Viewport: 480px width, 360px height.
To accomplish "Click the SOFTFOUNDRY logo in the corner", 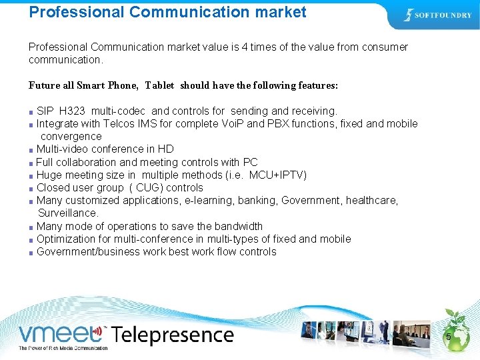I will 437,15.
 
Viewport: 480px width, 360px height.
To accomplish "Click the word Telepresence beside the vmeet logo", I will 173,335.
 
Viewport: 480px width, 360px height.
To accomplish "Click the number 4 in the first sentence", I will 246,47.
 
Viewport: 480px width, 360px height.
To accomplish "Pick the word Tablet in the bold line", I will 159,85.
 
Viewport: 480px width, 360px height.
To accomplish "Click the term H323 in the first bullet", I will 72,111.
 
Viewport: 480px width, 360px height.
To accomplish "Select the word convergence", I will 71,136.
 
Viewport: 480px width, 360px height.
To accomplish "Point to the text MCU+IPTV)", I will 278,175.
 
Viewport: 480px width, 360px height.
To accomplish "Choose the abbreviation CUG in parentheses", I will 149,187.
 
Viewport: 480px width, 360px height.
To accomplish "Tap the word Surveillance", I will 68,213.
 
